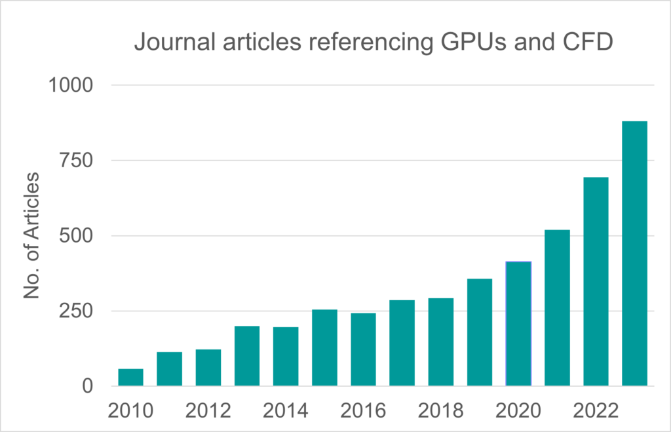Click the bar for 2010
tap(130, 378)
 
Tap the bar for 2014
tap(286, 357)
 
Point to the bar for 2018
tap(441, 342)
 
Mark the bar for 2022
tap(596, 282)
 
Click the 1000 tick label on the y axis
tap(73, 85)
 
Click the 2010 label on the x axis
tap(130, 411)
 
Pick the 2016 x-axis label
tap(363, 411)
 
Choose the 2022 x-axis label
tap(596, 411)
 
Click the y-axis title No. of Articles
tap(34, 236)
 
